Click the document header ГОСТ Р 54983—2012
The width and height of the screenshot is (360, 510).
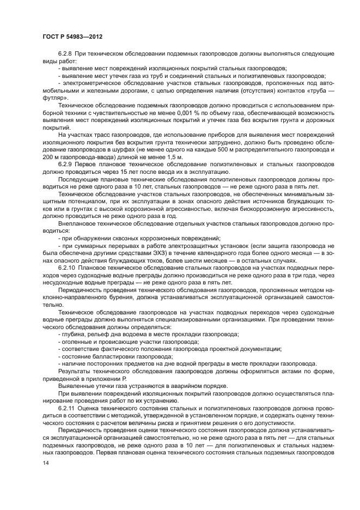click(72, 35)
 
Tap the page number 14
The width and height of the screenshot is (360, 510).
click(46, 463)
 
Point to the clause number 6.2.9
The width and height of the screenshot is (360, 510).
click(66, 163)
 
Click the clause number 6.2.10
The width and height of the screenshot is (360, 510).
click(67, 269)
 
